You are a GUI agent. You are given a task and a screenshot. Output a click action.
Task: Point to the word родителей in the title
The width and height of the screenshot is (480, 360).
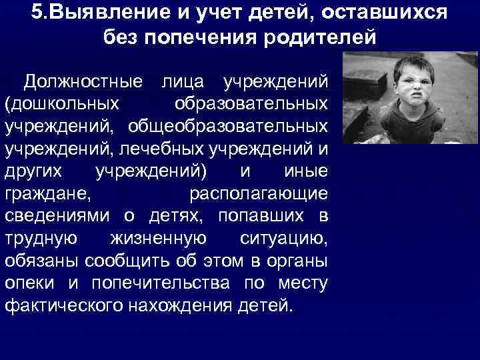319,37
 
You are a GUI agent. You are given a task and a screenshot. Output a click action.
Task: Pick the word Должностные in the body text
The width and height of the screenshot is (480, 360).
83,82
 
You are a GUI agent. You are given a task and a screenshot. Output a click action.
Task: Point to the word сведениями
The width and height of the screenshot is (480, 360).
59,216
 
